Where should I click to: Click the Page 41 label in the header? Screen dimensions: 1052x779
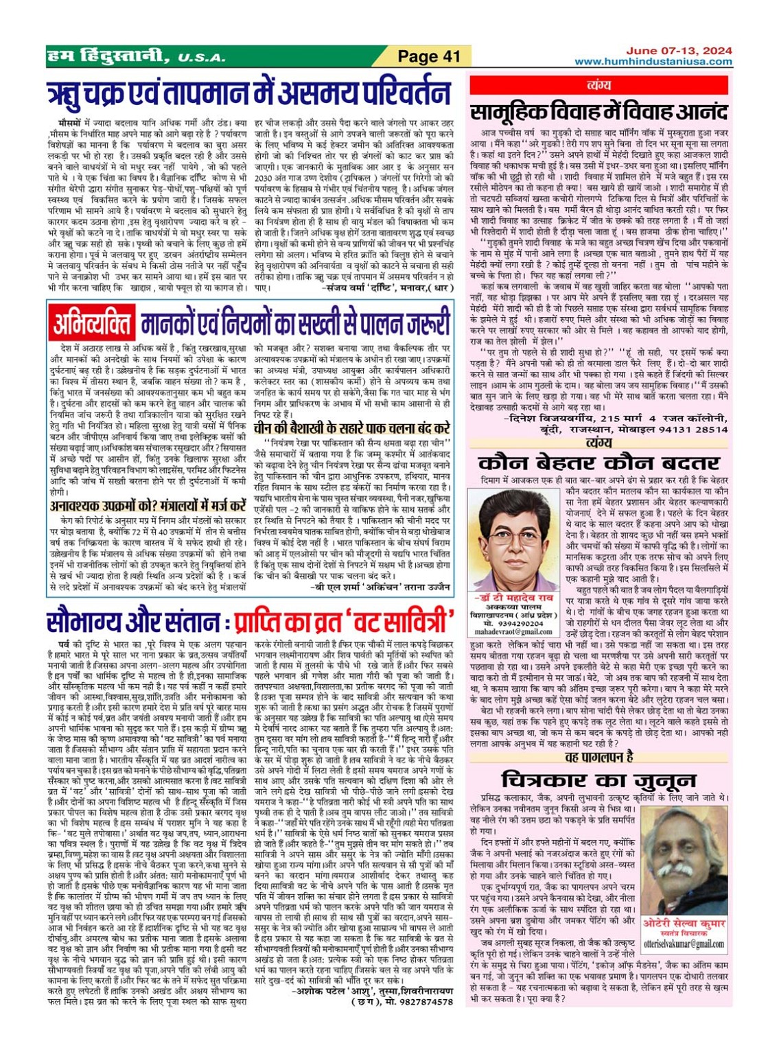tap(428, 56)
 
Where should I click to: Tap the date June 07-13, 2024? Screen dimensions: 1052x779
tap(678, 51)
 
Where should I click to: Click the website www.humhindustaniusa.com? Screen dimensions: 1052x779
tap(653, 61)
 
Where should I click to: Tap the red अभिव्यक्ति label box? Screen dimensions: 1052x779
tap(92, 323)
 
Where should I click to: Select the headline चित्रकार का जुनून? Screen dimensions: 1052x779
tap(598, 780)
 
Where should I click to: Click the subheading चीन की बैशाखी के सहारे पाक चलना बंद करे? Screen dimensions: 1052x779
tap(352, 427)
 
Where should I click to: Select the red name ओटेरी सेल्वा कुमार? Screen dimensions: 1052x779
tap(684, 924)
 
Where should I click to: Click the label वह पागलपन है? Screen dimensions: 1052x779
tap(598, 757)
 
